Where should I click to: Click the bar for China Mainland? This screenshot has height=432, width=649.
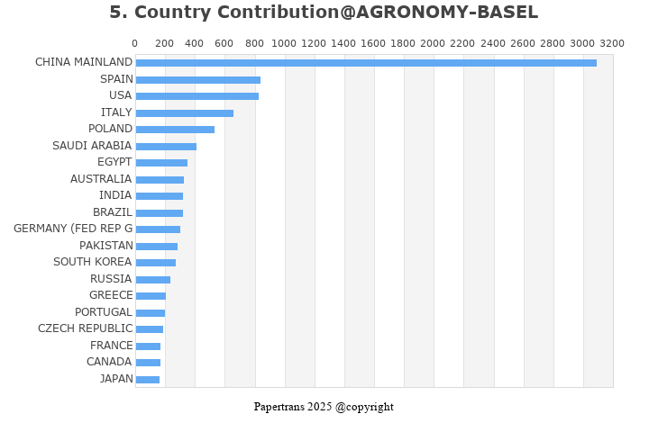tap(366, 63)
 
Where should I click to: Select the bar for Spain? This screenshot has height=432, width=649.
tap(198, 80)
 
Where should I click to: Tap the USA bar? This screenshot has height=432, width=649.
tap(197, 96)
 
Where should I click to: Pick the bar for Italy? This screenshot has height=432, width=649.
tap(185, 113)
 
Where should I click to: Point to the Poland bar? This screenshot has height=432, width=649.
tap(175, 130)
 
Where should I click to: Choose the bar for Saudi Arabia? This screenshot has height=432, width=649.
tap(166, 147)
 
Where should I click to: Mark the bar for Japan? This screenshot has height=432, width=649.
tap(148, 380)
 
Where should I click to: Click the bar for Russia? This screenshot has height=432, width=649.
tap(153, 280)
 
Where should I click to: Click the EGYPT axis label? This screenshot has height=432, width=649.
tap(114, 162)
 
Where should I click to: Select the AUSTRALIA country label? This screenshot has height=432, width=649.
tap(101, 179)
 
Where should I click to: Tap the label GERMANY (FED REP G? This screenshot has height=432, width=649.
tap(73, 229)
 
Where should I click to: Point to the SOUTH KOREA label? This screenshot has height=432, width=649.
tap(93, 262)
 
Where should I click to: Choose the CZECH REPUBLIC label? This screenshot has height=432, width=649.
tap(85, 328)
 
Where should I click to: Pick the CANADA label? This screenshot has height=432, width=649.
tap(109, 362)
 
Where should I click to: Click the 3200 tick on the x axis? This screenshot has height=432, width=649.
tap(612, 43)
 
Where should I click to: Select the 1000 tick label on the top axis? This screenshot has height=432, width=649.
tap(284, 43)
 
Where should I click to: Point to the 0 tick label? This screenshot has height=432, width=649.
tap(135, 43)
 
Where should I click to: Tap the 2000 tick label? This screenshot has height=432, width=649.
tap(434, 43)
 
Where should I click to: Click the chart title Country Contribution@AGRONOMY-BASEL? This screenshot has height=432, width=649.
tap(324, 13)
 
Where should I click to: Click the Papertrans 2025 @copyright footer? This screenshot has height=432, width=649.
tap(324, 407)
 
